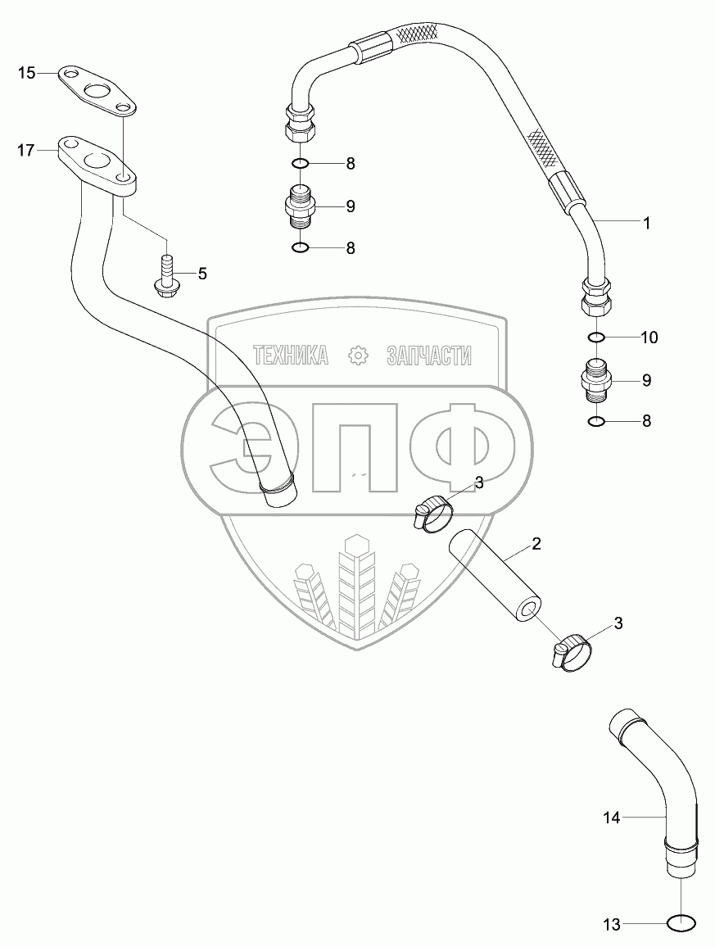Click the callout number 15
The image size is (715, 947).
[x=27, y=74]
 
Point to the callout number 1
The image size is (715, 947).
[x=646, y=222]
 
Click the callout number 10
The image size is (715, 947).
[x=649, y=337]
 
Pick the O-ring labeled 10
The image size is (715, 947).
[x=596, y=337]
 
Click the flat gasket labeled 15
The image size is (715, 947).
[x=97, y=88]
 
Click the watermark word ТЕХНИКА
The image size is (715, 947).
[x=291, y=355]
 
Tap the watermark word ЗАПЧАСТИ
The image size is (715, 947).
[x=428, y=355]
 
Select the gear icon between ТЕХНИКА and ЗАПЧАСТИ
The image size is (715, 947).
[x=357, y=355]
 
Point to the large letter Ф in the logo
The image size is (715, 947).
[x=464, y=447]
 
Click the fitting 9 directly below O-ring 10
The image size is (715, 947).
[x=596, y=379]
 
